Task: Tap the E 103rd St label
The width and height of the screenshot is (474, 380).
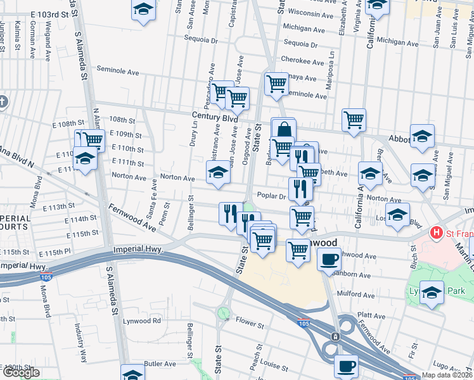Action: tap(49, 14)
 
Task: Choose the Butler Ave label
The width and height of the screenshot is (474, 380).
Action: tap(160, 364)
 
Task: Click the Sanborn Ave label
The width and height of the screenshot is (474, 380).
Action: tap(353, 275)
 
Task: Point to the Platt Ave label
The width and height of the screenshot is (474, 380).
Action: tap(371, 315)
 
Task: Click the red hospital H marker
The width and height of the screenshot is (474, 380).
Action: tap(436, 233)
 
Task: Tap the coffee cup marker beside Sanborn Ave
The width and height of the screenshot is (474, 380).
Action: tap(328, 260)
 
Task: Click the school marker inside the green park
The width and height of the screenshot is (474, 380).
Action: tap(432, 293)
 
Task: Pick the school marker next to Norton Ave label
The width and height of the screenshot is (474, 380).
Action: tap(217, 172)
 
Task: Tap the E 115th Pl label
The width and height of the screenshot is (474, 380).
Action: tap(66, 252)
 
